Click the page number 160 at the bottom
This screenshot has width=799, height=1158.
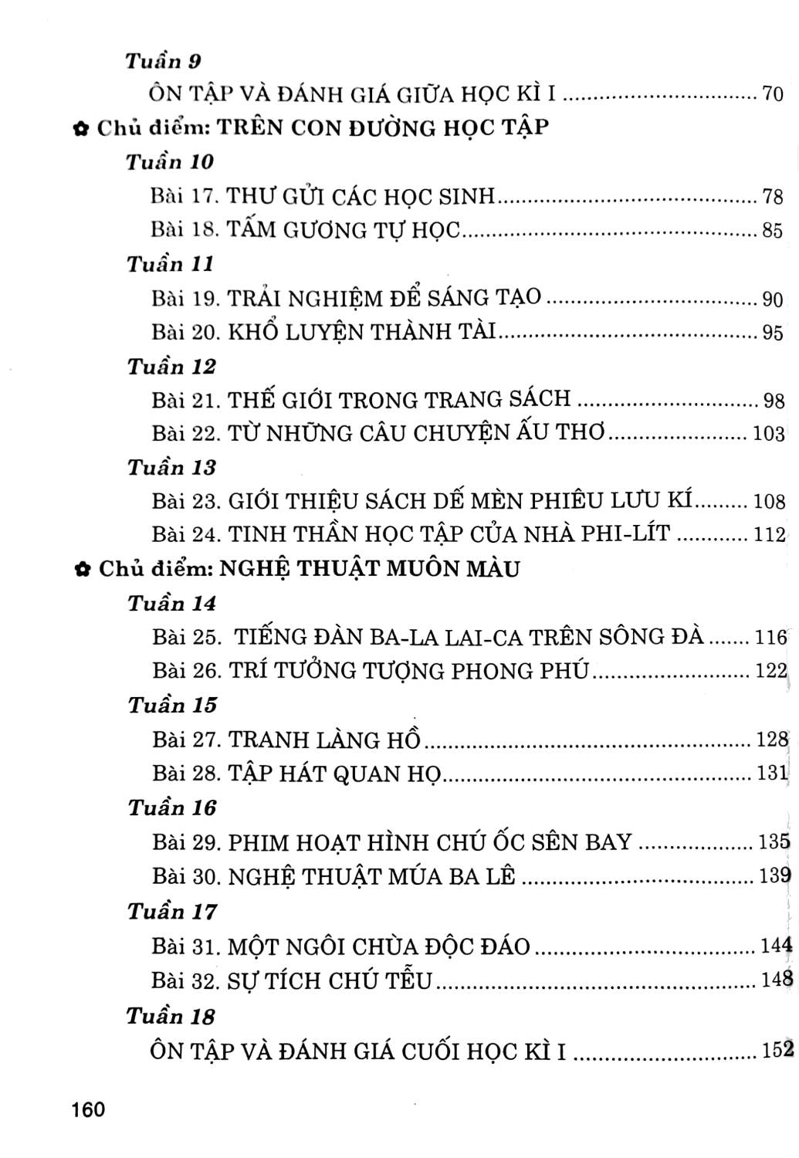pyautogui.click(x=86, y=1110)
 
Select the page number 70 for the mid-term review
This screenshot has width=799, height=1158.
pyautogui.click(x=773, y=95)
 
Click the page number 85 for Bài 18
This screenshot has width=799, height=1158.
pyautogui.click(x=773, y=231)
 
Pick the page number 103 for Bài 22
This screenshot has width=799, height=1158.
pyautogui.click(x=768, y=434)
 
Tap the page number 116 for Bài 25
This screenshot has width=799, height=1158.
pyautogui.click(x=770, y=638)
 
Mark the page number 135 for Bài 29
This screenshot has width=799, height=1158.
pyautogui.click(x=773, y=841)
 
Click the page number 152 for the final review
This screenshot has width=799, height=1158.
pyautogui.click(x=773, y=1050)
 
